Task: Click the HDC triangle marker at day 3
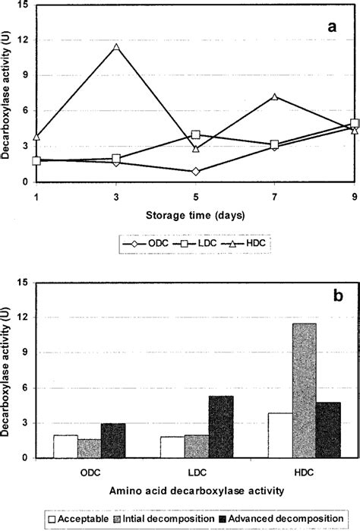click(x=116, y=48)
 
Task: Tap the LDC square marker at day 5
click(x=196, y=134)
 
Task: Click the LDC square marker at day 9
click(x=355, y=123)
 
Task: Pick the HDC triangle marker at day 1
click(x=36, y=137)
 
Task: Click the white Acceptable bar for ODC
click(x=65, y=447)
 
